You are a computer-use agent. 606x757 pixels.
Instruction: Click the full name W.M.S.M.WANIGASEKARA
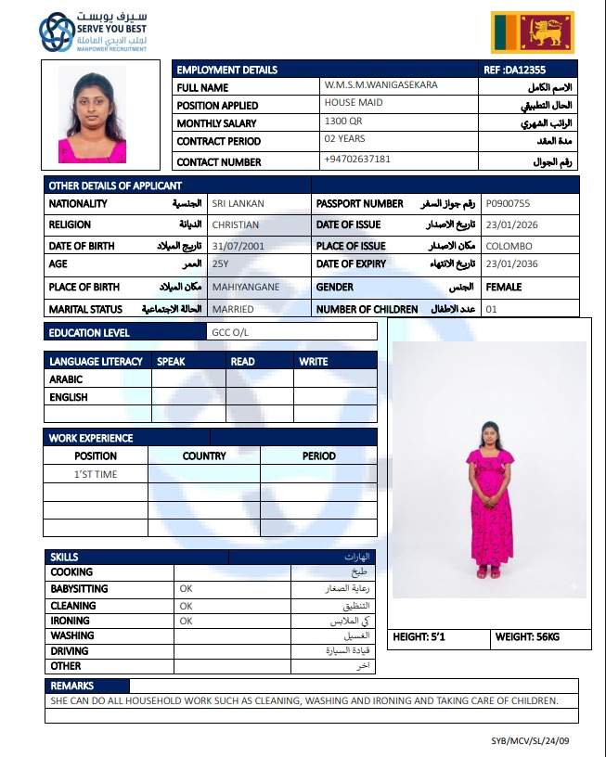pyautogui.click(x=380, y=85)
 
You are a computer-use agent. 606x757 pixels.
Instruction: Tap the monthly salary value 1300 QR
pyautogui.click(x=343, y=122)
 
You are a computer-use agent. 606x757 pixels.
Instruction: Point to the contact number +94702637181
pyautogui.click(x=357, y=160)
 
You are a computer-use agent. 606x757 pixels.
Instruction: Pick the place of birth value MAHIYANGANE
pyautogui.click(x=245, y=287)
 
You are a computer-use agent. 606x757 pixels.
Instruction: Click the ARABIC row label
pyautogui.click(x=66, y=378)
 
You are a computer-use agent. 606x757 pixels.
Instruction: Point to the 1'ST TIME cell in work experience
pyautogui.click(x=96, y=474)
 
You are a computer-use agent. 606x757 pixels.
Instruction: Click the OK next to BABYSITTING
pyautogui.click(x=186, y=589)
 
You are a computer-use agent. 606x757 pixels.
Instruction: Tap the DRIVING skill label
pyautogui.click(x=71, y=650)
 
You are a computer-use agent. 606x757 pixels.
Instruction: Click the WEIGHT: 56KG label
pyautogui.click(x=527, y=637)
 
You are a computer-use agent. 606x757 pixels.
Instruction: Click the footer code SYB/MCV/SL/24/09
pyautogui.click(x=543, y=740)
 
